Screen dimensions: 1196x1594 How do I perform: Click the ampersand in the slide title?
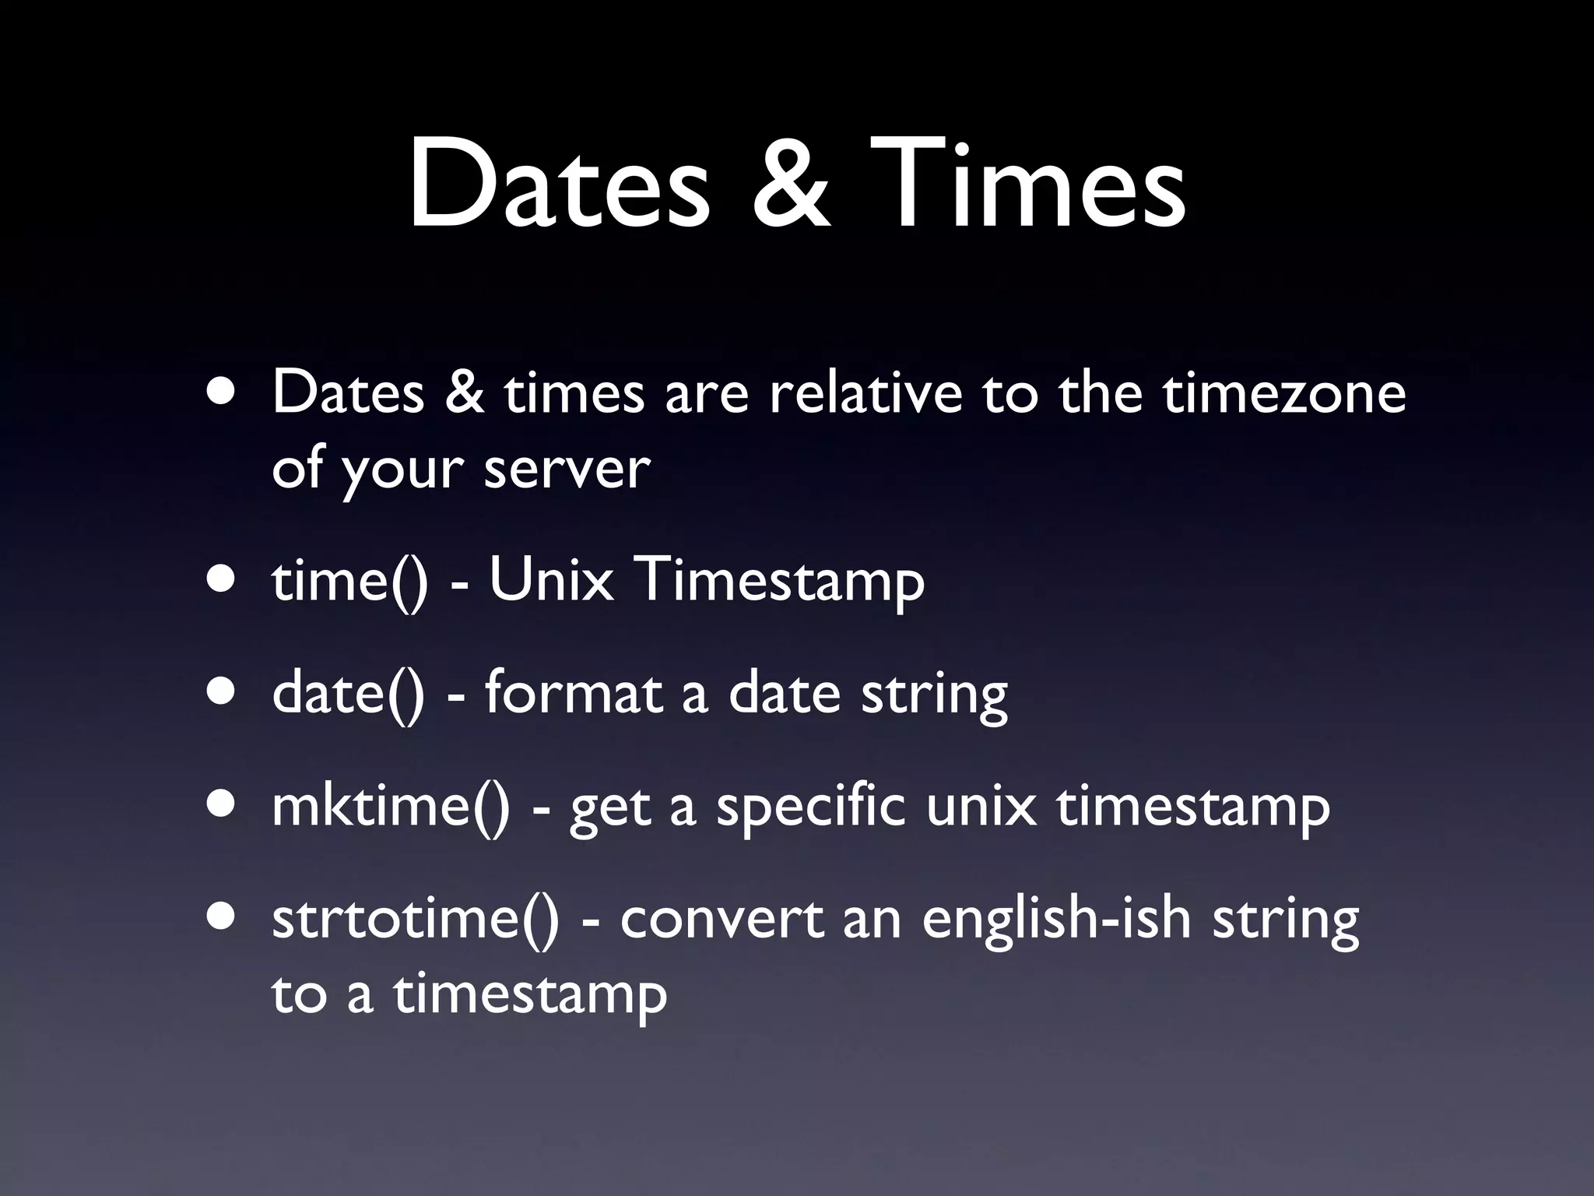point(791,187)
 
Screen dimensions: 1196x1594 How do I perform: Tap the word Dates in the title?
point(559,187)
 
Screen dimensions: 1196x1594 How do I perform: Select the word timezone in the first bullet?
point(1284,393)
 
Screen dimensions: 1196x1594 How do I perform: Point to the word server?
point(567,469)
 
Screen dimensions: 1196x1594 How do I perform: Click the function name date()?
point(349,693)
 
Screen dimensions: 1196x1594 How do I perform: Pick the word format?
point(573,693)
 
